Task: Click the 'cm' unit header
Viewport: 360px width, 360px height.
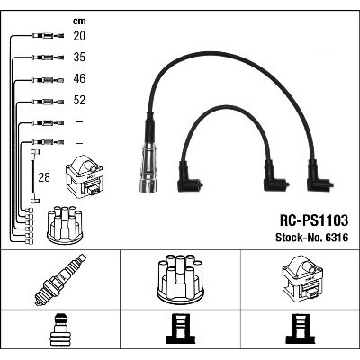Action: [x=79, y=21]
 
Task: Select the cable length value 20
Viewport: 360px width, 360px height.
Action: [x=79, y=36]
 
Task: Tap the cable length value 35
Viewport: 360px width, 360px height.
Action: [x=79, y=57]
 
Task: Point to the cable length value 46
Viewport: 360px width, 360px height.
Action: [x=79, y=78]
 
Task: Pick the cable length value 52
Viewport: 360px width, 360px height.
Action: [x=79, y=100]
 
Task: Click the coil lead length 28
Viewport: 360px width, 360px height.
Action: [x=44, y=177]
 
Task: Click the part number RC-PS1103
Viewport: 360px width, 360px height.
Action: [x=314, y=220]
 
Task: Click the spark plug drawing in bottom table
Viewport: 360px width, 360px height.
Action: [x=60, y=280]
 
